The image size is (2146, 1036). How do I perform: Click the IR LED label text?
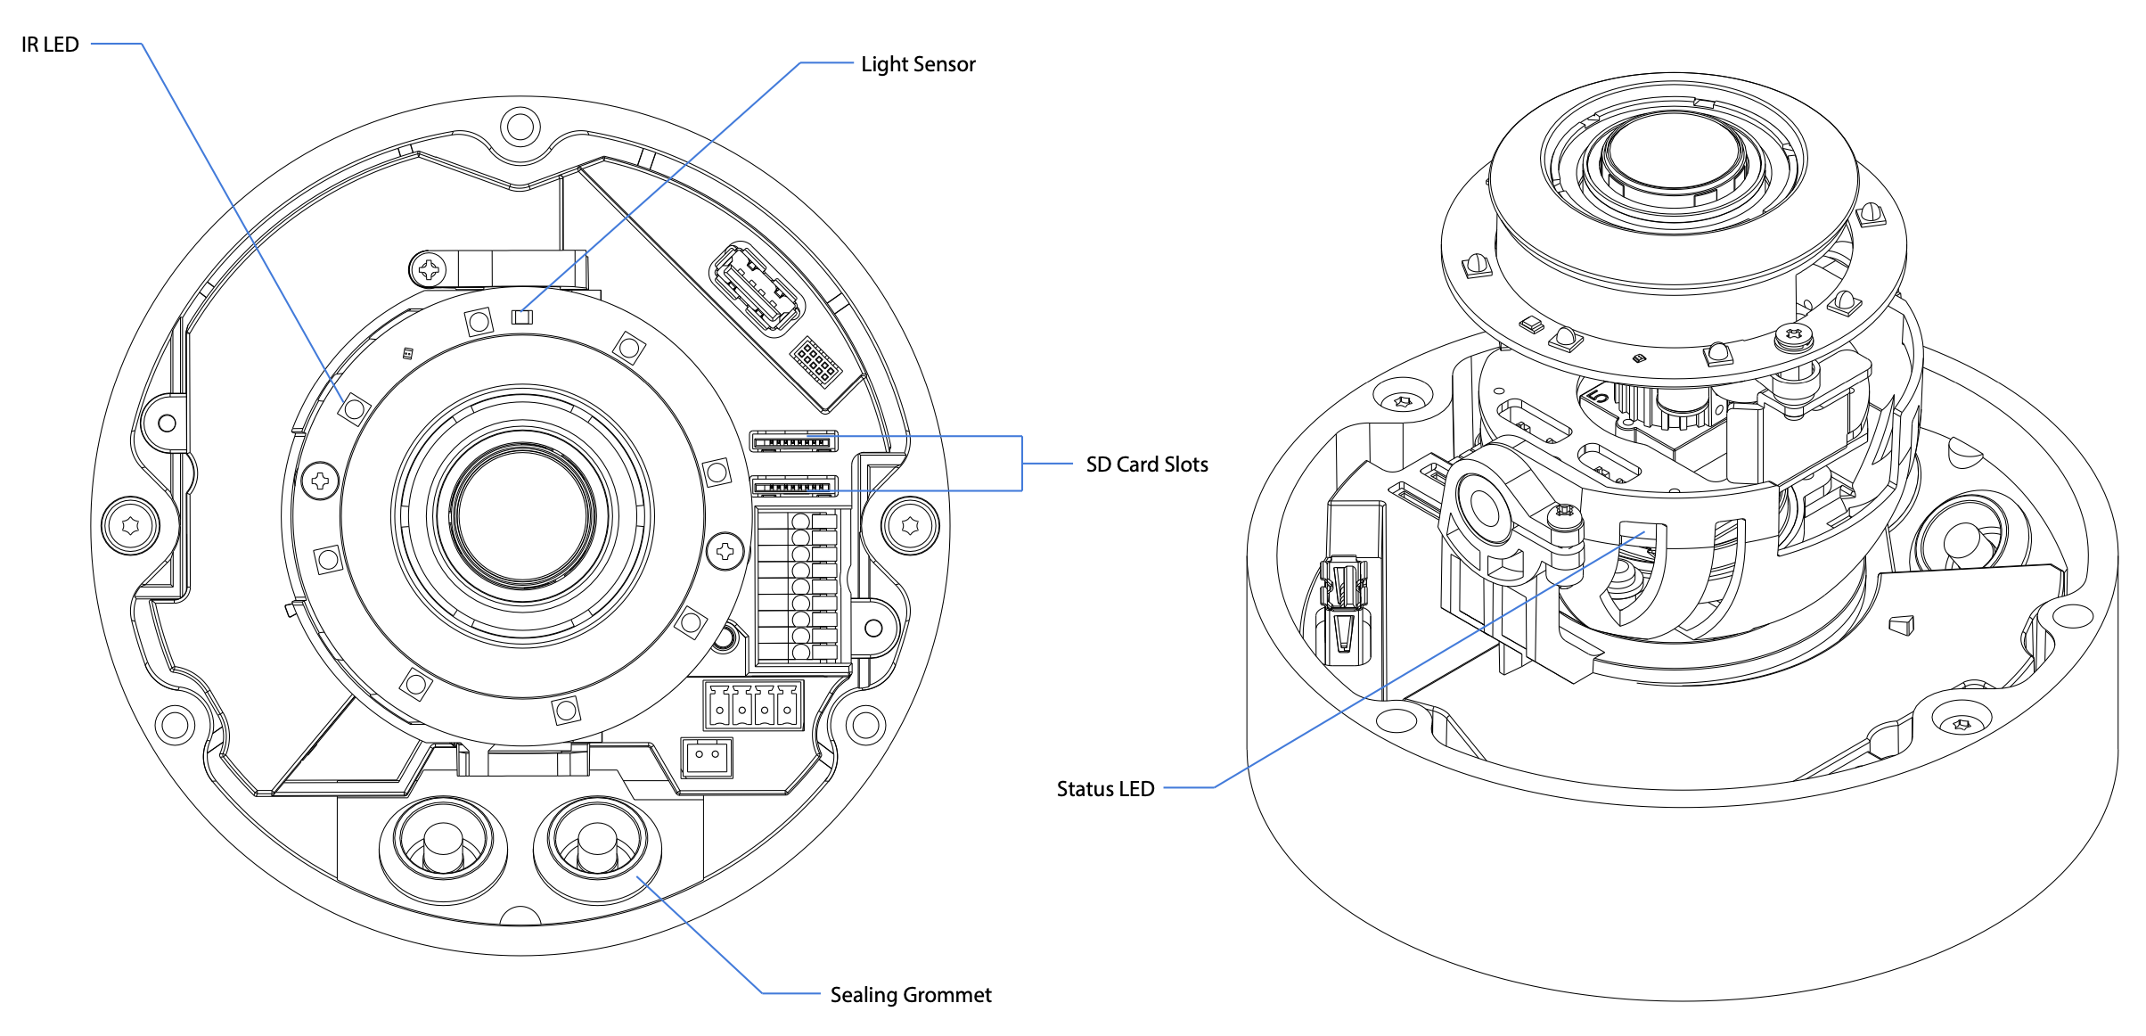coord(50,45)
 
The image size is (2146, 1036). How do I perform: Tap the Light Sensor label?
coord(918,64)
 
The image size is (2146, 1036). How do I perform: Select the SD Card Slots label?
coord(1147,465)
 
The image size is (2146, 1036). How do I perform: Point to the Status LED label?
coord(1105,789)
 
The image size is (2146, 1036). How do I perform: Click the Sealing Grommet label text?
coord(911,995)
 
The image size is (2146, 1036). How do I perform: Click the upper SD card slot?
coord(794,441)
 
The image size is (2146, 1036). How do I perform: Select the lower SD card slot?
coord(794,487)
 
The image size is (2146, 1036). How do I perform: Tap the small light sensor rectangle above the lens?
coord(522,317)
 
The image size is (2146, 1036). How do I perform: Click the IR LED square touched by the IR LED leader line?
coord(354,409)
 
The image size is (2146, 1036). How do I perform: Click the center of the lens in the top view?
coord(523,515)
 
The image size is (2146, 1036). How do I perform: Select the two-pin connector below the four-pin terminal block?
coord(707,757)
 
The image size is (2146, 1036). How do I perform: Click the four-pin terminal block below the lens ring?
coord(753,705)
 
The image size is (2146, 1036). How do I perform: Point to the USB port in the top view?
coord(757,288)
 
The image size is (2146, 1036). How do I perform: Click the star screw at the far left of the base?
coord(131,526)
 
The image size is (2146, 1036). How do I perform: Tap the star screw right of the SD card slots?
coord(910,525)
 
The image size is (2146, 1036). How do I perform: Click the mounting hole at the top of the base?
coord(520,127)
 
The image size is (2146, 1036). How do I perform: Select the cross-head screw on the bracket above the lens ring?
coord(430,268)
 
